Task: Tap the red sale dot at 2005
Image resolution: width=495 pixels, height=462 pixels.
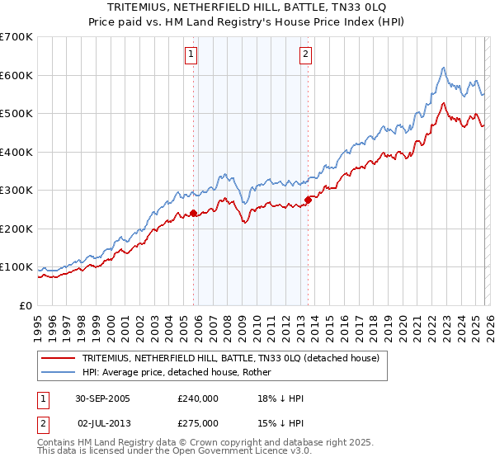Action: [x=194, y=213]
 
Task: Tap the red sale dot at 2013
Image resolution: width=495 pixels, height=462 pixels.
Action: [x=308, y=199]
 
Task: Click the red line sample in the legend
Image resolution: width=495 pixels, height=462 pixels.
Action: [x=60, y=359]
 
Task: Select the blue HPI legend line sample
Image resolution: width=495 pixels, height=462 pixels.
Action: [x=60, y=372]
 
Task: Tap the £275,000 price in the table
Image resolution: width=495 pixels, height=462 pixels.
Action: [x=197, y=422]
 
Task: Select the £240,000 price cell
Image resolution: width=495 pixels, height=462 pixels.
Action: [x=197, y=399]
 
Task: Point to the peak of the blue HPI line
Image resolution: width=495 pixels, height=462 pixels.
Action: [x=444, y=68]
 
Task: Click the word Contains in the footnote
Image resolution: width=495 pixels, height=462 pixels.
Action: [x=59, y=444]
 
